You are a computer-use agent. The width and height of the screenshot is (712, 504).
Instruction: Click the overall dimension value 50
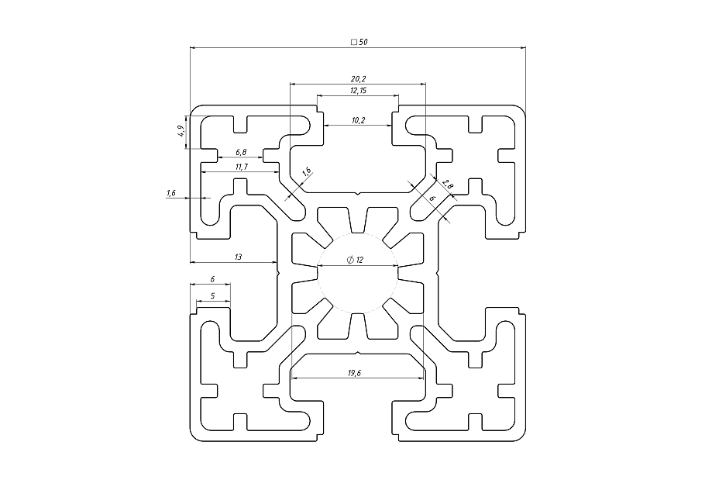point(363,43)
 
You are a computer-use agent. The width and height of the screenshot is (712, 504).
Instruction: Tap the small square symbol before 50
point(354,43)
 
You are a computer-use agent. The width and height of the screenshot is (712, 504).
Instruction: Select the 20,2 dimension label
point(358,79)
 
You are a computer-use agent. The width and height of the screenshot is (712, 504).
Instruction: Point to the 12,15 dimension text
point(358,91)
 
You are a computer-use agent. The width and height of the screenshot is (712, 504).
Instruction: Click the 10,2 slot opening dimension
point(358,120)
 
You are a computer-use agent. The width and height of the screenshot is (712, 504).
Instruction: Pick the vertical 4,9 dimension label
point(181,131)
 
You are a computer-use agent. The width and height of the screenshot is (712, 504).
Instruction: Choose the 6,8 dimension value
point(241,152)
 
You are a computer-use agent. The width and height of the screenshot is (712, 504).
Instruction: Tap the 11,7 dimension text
point(242,167)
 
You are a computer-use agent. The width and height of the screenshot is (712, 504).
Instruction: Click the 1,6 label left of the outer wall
point(170,193)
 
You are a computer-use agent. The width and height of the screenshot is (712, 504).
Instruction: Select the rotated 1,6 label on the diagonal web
point(307,172)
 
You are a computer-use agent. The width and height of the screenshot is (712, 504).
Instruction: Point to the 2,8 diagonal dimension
point(447,184)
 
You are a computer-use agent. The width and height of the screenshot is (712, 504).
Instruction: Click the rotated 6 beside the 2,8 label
point(432,198)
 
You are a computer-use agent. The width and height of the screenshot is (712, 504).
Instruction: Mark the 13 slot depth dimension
point(239,257)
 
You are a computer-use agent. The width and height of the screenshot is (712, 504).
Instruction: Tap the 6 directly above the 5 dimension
point(212,279)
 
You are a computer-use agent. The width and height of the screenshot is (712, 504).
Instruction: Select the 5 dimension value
point(212,296)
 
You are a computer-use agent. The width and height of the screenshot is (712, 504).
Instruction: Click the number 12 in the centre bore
point(359,260)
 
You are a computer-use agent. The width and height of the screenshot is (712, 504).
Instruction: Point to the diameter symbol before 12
point(350,260)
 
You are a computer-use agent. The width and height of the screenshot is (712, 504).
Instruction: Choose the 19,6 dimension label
point(354,373)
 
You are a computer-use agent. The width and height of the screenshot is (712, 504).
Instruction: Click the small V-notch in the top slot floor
point(358,194)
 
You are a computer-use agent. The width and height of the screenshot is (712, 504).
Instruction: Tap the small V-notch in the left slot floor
point(278,273)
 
